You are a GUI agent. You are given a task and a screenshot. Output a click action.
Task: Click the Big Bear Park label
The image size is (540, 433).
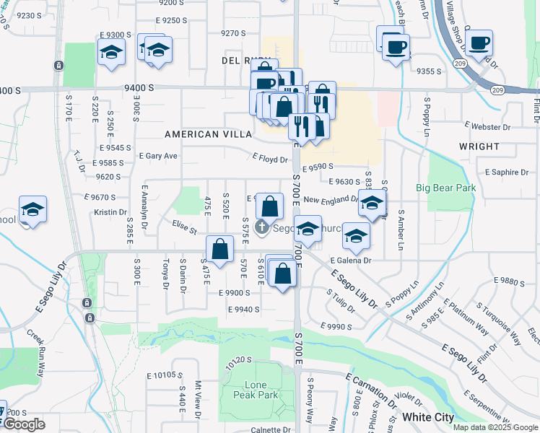point(445,188)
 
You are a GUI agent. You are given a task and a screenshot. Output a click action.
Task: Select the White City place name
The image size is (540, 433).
point(428,417)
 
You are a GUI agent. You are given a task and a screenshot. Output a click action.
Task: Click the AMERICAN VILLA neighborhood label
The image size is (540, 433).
point(208,134)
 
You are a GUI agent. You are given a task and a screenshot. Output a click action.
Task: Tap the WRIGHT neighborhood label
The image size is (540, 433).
point(479,146)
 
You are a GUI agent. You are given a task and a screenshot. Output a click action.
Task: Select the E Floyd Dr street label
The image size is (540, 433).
point(270,159)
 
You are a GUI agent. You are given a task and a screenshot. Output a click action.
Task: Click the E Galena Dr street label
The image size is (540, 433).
point(350,261)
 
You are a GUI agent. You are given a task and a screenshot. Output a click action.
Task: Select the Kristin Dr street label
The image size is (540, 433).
point(110,212)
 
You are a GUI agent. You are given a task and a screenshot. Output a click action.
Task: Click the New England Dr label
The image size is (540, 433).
point(331,200)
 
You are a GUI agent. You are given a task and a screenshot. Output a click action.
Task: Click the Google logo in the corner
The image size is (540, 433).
point(23,424)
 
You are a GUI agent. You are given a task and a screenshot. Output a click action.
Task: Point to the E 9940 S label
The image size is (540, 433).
point(243,310)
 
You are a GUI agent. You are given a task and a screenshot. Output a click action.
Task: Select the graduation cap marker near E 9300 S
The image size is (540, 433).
point(111,53)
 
